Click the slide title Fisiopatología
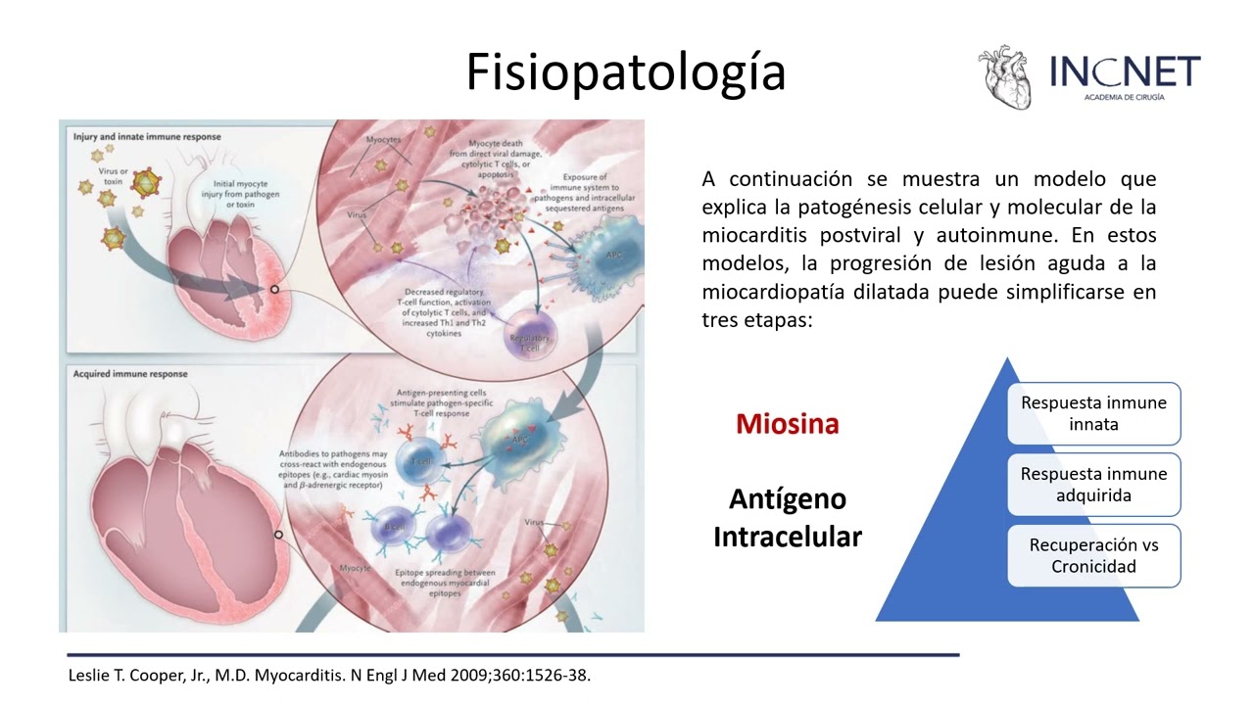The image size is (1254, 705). click(x=625, y=71)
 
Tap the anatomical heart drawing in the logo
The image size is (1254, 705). click(x=1005, y=77)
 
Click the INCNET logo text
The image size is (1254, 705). click(x=1125, y=71)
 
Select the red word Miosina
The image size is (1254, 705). click(x=787, y=424)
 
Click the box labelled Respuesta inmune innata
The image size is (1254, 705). click(x=1093, y=413)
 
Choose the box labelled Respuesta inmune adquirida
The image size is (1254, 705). click(x=1093, y=485)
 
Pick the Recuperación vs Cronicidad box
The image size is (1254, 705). click(x=1093, y=556)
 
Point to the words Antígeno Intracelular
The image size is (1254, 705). click(x=787, y=518)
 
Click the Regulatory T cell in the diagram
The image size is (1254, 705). click(x=530, y=338)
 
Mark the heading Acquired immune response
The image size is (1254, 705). click(x=130, y=374)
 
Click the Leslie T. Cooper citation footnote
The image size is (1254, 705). click(x=329, y=676)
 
